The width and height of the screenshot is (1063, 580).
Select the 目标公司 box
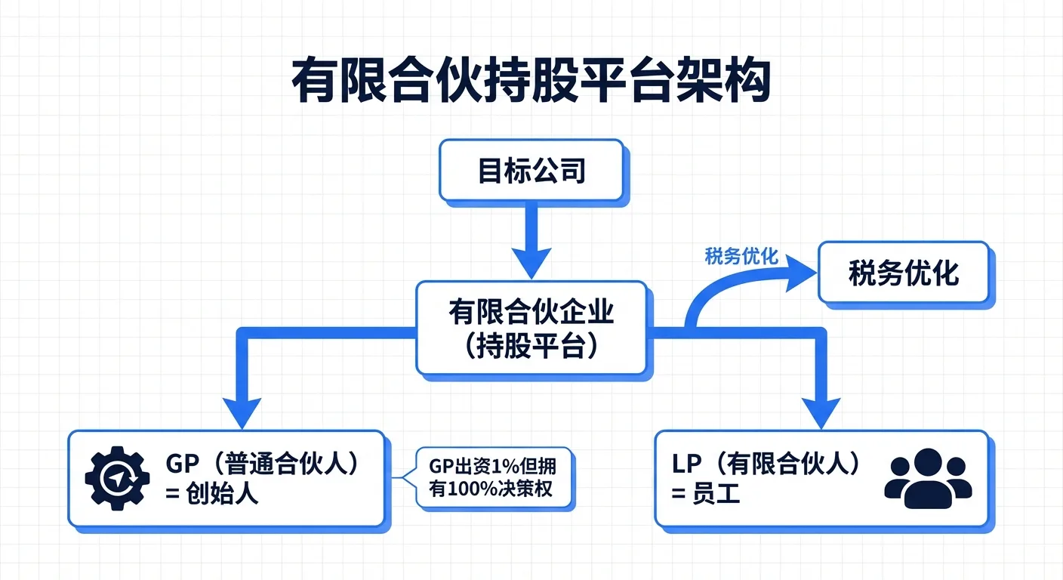tap(531, 171)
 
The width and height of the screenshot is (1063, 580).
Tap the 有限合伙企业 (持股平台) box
tap(531, 329)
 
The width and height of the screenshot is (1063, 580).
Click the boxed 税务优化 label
tap(903, 274)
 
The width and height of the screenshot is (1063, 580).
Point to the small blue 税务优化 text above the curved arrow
tap(741, 257)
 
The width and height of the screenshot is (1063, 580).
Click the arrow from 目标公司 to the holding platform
tap(531, 242)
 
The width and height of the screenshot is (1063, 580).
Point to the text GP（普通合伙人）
tap(260, 463)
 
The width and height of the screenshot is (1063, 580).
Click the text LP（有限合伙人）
tap(766, 463)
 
